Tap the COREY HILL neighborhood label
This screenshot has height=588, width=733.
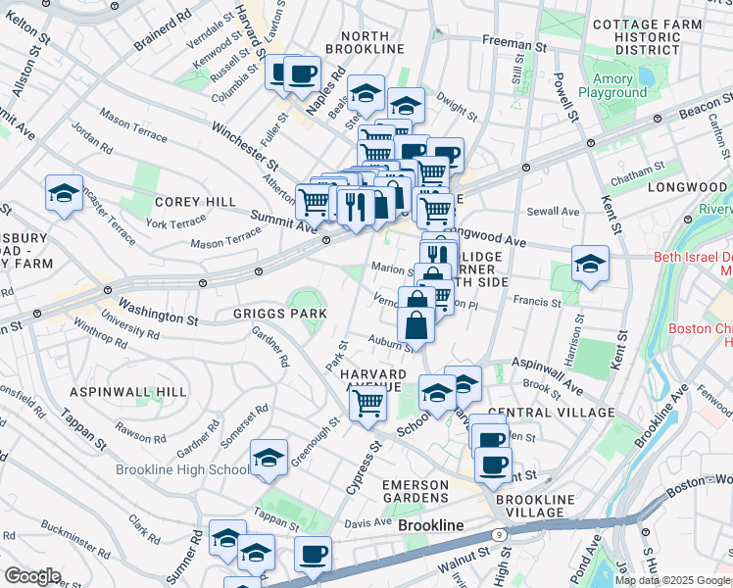click(195, 202)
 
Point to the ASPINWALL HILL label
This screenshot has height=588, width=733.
click(128, 392)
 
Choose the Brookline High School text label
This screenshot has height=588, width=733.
click(182, 470)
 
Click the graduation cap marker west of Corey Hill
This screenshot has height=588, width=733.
click(65, 193)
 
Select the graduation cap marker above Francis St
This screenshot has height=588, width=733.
click(591, 264)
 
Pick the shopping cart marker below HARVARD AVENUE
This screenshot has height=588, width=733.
click(368, 403)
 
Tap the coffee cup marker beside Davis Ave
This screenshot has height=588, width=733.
click(314, 555)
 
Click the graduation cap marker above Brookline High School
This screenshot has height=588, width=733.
click(269, 458)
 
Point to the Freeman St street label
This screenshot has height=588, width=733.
click(514, 44)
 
